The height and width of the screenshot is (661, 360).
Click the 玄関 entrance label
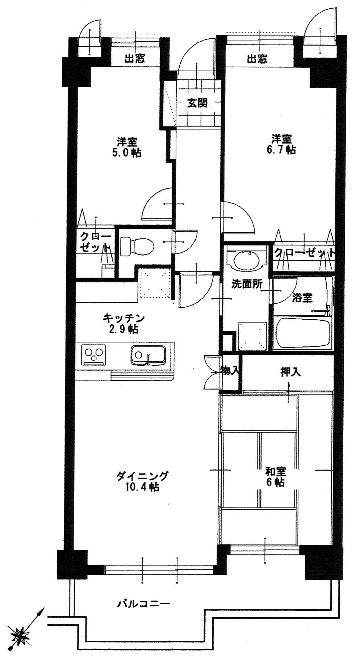(x=197, y=104)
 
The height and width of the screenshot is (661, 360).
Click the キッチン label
(x=124, y=318)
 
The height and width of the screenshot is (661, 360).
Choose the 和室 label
(x=276, y=471)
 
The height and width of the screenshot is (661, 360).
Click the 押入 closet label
(x=290, y=372)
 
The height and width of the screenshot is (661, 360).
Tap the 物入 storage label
(x=230, y=370)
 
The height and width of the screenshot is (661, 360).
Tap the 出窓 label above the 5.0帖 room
(x=135, y=59)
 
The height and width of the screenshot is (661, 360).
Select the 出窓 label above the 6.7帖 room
(x=257, y=59)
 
